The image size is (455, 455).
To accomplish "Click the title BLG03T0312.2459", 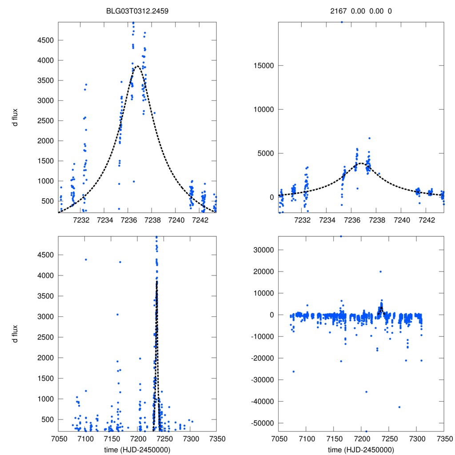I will [x=137, y=11].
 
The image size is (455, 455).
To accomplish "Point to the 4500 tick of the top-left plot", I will [x=45, y=40].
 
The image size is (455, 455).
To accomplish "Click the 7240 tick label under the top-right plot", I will [x=402, y=220].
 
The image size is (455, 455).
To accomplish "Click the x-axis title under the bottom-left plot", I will [x=137, y=450].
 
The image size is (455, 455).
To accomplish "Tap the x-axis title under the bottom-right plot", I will [x=361, y=450].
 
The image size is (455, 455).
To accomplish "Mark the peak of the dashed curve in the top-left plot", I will [x=137, y=66].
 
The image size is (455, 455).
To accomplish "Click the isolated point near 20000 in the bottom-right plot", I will [x=380, y=271].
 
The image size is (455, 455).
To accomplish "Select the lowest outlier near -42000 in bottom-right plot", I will [x=399, y=407].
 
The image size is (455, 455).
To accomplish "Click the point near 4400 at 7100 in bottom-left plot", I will [x=86, y=259].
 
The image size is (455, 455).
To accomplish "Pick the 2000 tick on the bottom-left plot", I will [x=45, y=358].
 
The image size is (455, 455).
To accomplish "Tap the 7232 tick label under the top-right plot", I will [x=303, y=220].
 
